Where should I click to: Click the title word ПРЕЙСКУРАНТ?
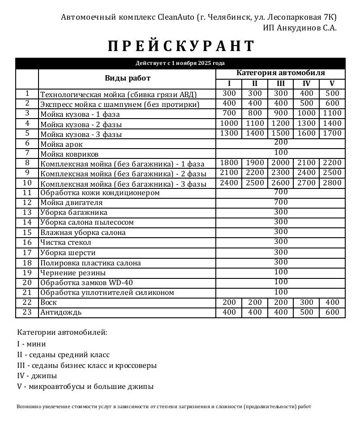click(x=181, y=46)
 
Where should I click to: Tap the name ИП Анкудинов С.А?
click(x=300, y=28)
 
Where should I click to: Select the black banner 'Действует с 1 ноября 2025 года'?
click(x=180, y=63)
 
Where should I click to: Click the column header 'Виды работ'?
click(x=128, y=78)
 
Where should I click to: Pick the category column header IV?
click(x=306, y=84)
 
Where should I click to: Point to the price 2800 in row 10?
click(x=332, y=183)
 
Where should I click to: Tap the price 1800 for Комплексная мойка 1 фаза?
click(x=229, y=163)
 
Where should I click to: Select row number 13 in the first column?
click(x=27, y=213)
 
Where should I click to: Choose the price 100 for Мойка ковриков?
click(x=281, y=153)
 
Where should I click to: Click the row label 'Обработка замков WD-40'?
click(x=86, y=283)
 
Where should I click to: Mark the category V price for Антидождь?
click(x=332, y=312)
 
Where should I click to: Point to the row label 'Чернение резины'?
click(x=73, y=273)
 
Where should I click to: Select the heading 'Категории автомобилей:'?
click(x=62, y=333)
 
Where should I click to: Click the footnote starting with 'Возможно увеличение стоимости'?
click(x=163, y=407)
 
